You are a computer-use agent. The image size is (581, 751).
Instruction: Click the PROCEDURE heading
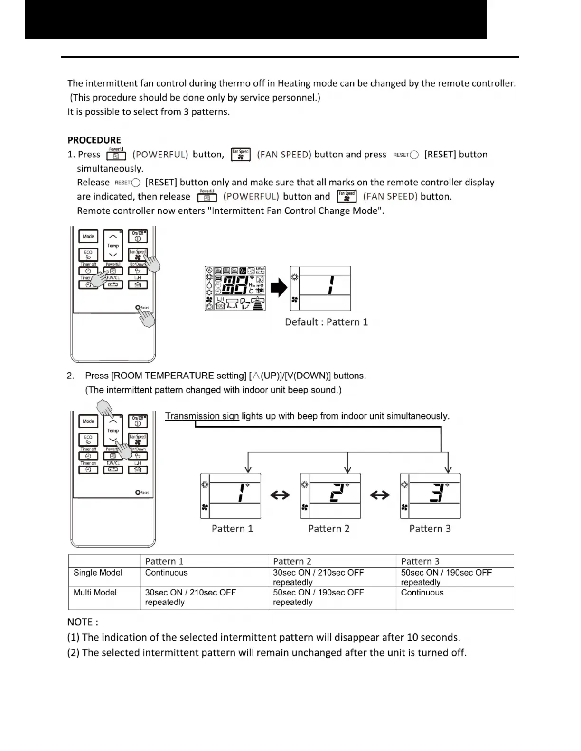pyautogui.click(x=94, y=140)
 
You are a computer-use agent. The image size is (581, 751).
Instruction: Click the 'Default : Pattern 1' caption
pyautogui.click(x=326, y=322)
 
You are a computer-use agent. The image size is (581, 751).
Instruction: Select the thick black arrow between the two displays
pyautogui.click(x=280, y=288)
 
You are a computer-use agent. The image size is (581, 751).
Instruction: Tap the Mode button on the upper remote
pyautogui.click(x=88, y=237)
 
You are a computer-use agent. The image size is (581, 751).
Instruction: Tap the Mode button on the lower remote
pyautogui.click(x=88, y=421)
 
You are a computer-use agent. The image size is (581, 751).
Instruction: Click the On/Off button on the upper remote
pyautogui.click(x=138, y=236)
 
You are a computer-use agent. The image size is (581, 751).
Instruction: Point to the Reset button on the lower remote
pyautogui.click(x=138, y=492)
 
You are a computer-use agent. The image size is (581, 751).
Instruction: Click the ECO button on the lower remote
pyautogui.click(x=88, y=439)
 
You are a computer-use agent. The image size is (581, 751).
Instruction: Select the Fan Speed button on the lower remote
pyautogui.click(x=138, y=439)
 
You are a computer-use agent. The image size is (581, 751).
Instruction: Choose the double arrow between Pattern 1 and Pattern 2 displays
pyautogui.click(x=280, y=495)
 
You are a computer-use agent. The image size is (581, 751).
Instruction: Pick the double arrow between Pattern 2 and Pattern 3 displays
pyautogui.click(x=380, y=495)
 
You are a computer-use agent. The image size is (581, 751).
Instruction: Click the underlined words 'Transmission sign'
pyautogui.click(x=202, y=416)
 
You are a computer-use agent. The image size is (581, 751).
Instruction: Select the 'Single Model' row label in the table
pyautogui.click(x=98, y=573)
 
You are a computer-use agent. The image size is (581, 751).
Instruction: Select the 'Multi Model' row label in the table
pyautogui.click(x=95, y=593)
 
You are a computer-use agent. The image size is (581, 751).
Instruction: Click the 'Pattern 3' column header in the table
pyautogui.click(x=420, y=561)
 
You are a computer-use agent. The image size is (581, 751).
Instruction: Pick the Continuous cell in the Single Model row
pyautogui.click(x=167, y=573)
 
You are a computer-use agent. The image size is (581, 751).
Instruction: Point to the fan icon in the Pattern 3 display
pyautogui.click(x=404, y=507)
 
